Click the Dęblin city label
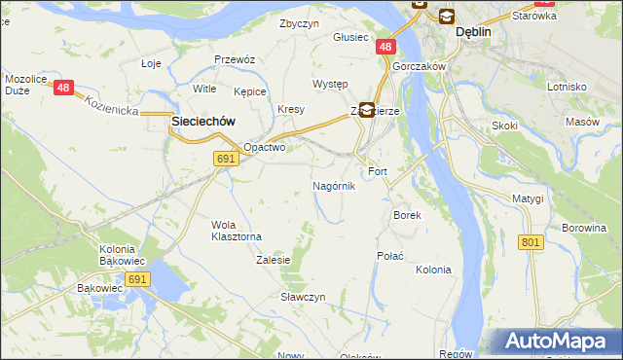474,32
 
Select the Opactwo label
264,148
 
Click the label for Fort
378,171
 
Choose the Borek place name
406,215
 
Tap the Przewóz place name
234,59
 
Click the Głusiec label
350,37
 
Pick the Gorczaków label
420,66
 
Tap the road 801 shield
530,242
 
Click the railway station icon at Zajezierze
366,110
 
